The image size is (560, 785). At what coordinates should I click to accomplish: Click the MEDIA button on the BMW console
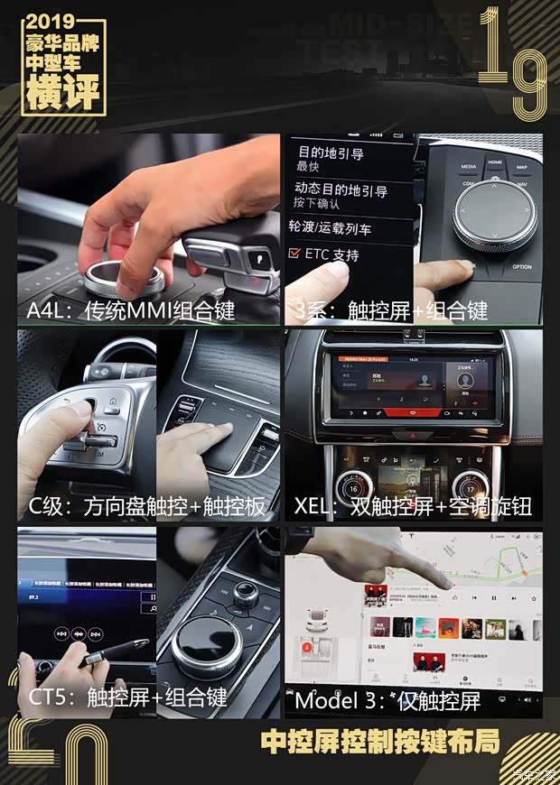469,167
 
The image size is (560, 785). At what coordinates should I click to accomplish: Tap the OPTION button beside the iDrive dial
522,267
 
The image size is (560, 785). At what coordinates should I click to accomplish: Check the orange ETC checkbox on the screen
294,255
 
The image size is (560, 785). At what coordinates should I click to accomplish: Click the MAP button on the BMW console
522,167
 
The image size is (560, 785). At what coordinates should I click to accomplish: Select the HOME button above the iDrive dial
495,162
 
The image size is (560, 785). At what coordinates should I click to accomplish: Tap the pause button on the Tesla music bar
493,597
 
